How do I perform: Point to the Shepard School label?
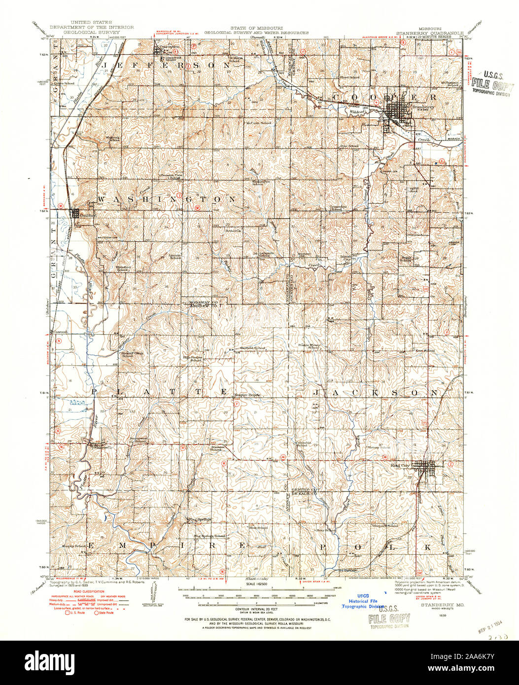click(x=388, y=525)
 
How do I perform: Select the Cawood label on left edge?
click(x=60, y=332)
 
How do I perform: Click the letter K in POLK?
click(x=429, y=548)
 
